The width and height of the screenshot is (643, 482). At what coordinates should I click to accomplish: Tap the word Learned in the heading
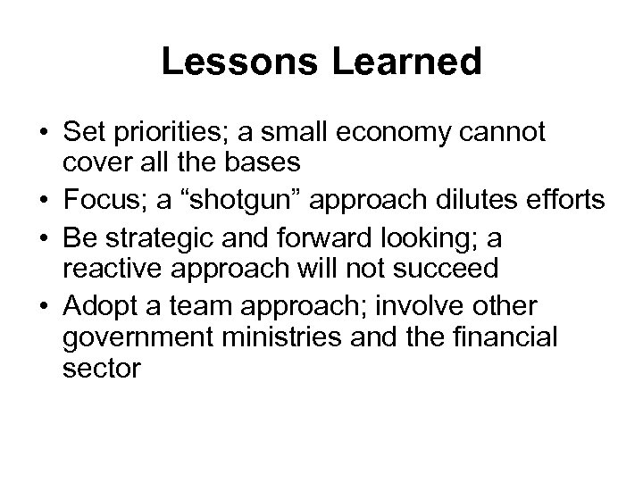(406, 62)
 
